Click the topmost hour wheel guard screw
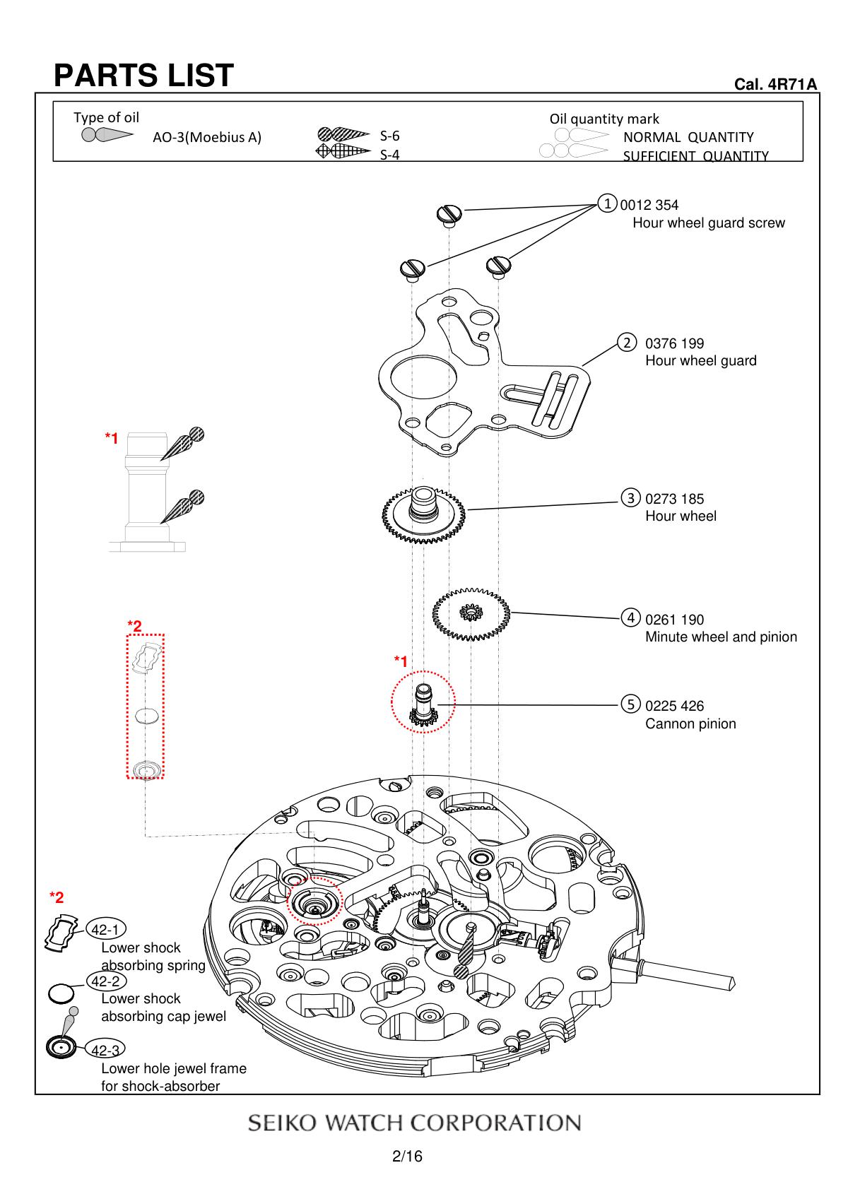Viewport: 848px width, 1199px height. [449, 213]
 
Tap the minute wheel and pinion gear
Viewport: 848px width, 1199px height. [471, 613]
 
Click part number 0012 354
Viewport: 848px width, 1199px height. [649, 206]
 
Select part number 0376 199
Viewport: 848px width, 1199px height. [674, 344]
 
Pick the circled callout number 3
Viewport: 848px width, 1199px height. [630, 497]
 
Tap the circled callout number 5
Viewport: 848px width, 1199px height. [630, 704]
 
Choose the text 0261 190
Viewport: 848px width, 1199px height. [674, 620]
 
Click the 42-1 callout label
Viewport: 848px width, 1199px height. [105, 929]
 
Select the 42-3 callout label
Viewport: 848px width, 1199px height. [105, 1050]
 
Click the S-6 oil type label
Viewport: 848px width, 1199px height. [390, 136]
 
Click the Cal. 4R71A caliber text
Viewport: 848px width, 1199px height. [776, 85]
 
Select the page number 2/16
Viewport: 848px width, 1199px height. [408, 1157]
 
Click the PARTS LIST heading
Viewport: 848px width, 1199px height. [143, 76]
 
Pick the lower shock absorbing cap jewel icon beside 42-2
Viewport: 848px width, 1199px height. [61, 993]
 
